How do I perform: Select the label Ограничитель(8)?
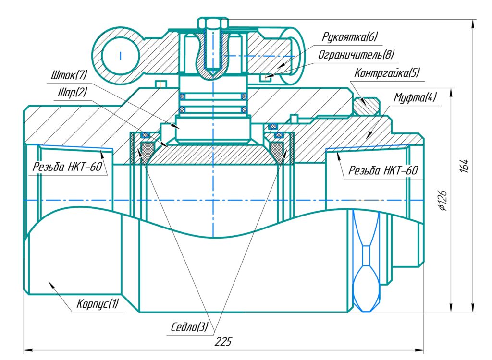pyautogui.click(x=356, y=55)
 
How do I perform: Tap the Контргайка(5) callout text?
pyautogui.click(x=387, y=73)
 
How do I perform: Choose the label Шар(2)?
pyautogui.click(x=70, y=93)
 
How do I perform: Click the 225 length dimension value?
pyautogui.click(x=223, y=342)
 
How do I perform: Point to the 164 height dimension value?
pyautogui.click(x=464, y=165)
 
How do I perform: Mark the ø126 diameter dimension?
pyautogui.click(x=443, y=199)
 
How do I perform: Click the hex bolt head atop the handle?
pyautogui.click(x=212, y=24)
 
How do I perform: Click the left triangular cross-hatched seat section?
pyautogui.click(x=145, y=152)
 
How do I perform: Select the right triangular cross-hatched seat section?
pyautogui.click(x=278, y=152)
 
